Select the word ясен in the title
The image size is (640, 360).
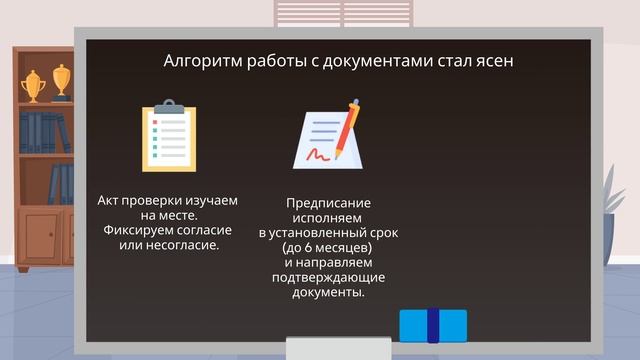(x=494, y=62)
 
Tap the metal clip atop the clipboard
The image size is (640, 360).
(x=169, y=106)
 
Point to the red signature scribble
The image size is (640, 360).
(x=321, y=155)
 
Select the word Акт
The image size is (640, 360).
(x=110, y=200)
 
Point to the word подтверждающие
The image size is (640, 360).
(x=329, y=277)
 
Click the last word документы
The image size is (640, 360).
(x=329, y=292)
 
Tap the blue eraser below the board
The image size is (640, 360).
(x=433, y=325)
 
